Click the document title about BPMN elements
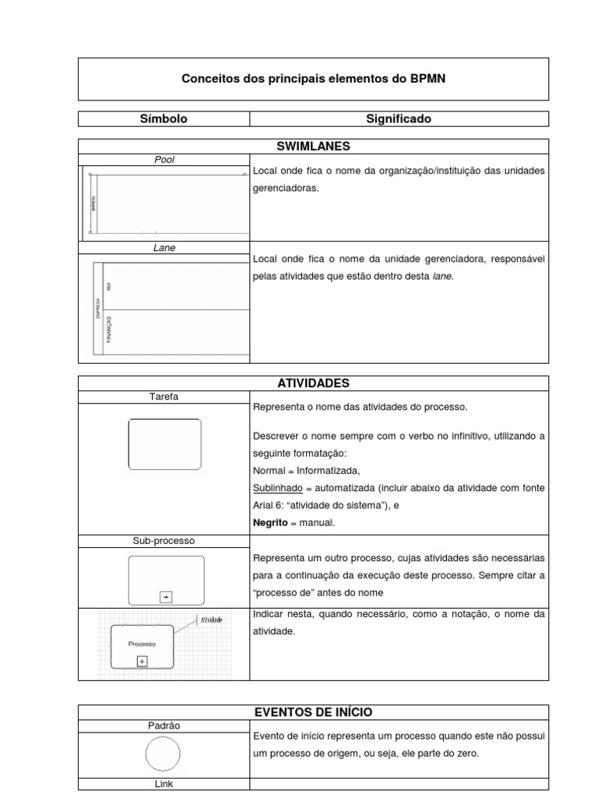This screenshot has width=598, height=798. (313, 79)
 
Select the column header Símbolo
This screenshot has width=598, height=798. (164, 119)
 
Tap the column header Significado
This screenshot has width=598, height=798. (399, 119)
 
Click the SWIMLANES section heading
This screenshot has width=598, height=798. (313, 146)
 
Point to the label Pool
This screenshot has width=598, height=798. (164, 160)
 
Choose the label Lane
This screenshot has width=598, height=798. (164, 248)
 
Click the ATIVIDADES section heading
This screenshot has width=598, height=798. (313, 383)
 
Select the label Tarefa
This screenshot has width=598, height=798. (164, 397)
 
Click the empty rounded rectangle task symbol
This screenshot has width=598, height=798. (164, 443)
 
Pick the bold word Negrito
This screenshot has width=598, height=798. (269, 523)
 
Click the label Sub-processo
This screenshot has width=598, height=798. (164, 540)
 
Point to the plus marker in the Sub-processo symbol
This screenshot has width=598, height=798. (165, 597)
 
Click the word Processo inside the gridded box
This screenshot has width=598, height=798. (142, 644)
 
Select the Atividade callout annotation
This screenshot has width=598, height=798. (212, 620)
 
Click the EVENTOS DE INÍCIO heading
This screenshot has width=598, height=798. (313, 711)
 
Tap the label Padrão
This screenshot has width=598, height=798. (164, 726)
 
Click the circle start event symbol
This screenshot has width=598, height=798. (164, 754)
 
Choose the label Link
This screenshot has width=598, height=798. (164, 784)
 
